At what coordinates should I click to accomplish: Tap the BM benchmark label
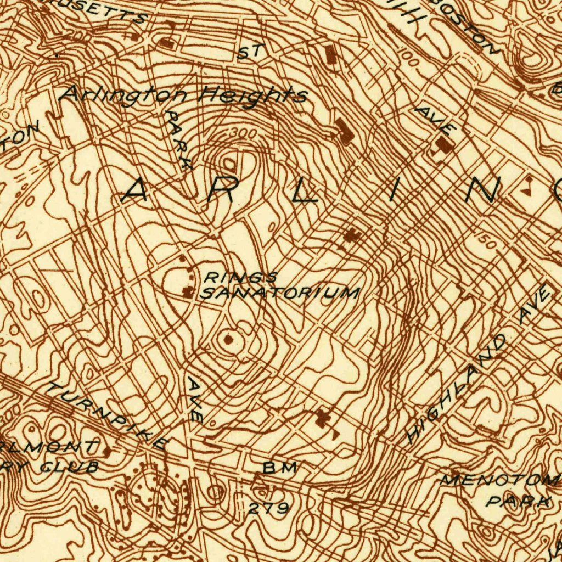[280, 468]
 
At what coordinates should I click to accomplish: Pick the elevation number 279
[268, 509]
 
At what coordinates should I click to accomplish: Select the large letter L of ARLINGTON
[305, 192]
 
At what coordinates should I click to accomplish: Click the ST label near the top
[251, 52]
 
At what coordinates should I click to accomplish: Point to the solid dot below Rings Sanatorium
[228, 341]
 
